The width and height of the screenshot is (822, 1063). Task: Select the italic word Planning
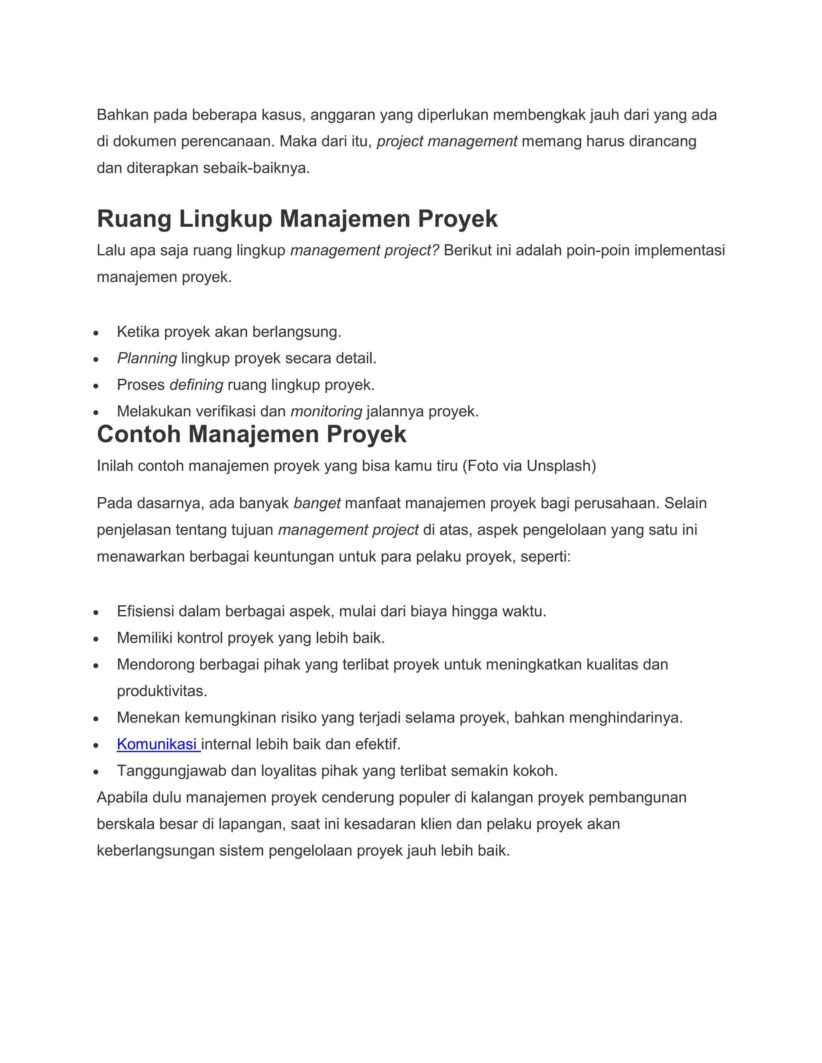point(146,359)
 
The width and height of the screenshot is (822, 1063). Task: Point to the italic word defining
point(196,385)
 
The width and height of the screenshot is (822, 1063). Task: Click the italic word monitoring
point(326,412)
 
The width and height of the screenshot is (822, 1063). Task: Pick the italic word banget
point(317,503)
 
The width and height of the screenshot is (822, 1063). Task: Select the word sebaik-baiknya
point(256,168)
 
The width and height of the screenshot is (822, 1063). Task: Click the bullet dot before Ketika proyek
point(96,333)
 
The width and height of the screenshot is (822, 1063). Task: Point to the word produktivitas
point(162,691)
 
